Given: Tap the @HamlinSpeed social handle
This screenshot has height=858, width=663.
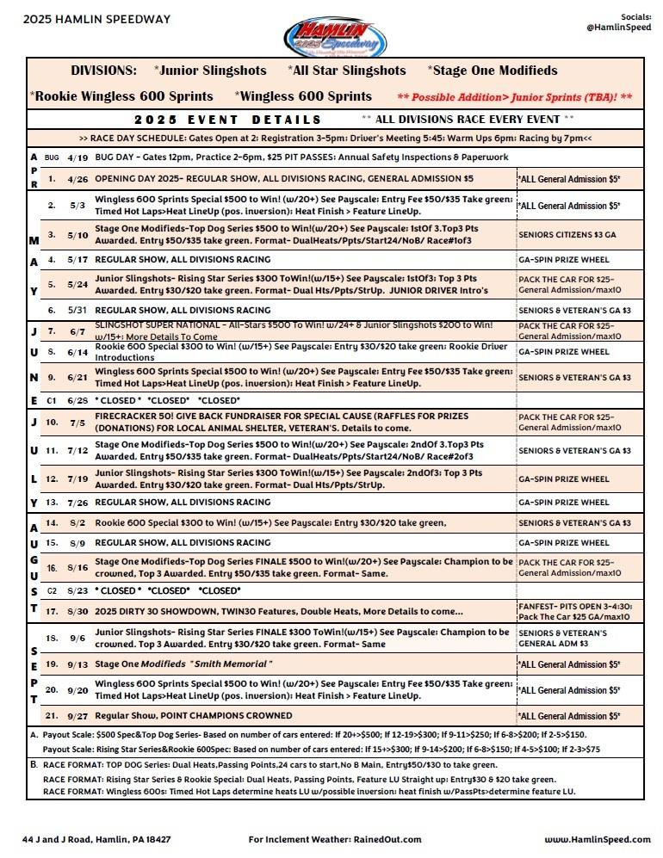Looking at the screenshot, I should click(618, 28).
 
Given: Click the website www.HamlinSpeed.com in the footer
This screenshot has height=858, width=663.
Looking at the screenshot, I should click(597, 839).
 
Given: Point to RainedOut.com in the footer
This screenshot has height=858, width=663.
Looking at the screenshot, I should click(387, 839).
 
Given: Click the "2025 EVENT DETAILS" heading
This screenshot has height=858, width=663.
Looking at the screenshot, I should click(228, 120).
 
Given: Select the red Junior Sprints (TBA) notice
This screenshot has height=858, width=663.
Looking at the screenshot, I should click(515, 97).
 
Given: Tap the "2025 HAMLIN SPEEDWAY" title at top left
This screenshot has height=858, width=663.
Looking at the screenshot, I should click(84, 19).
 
